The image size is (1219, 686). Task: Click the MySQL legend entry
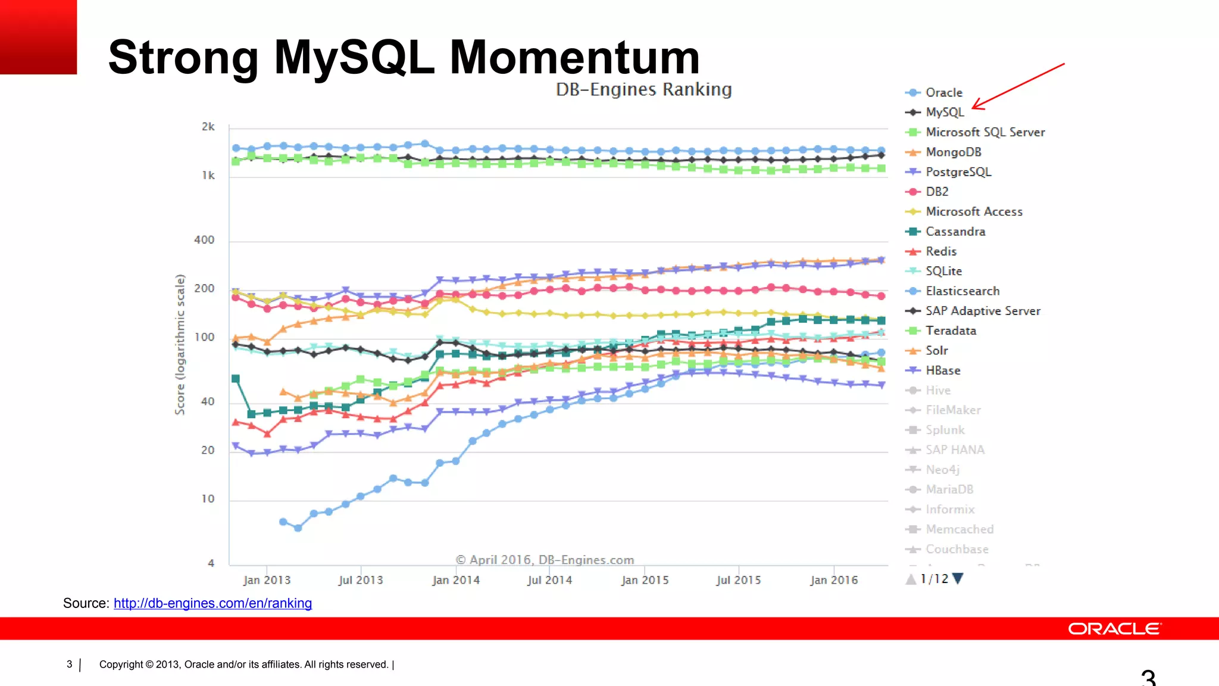(944, 112)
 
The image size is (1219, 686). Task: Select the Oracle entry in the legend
(943, 92)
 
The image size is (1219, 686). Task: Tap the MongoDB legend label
(953, 152)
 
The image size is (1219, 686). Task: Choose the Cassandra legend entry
(955, 231)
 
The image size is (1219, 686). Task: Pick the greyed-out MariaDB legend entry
(949, 489)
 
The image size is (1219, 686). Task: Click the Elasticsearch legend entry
(962, 291)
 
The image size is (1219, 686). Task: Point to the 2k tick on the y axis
(208, 126)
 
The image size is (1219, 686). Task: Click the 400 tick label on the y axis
(204, 240)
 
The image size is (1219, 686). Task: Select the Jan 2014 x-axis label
(456, 580)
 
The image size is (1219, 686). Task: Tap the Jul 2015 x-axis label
(739, 580)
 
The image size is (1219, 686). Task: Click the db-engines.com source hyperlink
(212, 603)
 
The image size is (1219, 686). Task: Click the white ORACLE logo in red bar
(1114, 629)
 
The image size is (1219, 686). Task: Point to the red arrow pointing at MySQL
(1018, 86)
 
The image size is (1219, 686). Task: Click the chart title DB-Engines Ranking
(643, 89)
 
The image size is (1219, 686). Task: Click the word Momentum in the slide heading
(574, 57)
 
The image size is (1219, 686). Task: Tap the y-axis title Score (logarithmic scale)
(180, 344)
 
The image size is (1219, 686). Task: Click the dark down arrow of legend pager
(958, 578)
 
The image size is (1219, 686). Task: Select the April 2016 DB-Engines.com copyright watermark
(545, 560)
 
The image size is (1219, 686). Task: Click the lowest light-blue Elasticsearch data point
(298, 528)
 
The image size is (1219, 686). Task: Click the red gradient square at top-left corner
(38, 37)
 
